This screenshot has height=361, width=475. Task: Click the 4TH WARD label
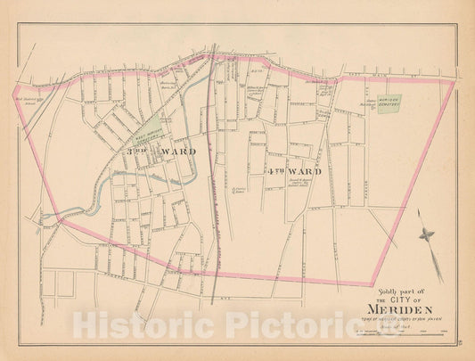(287, 169)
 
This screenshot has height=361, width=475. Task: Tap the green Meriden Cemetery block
(386, 103)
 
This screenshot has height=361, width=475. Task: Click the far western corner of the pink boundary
(13, 93)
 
